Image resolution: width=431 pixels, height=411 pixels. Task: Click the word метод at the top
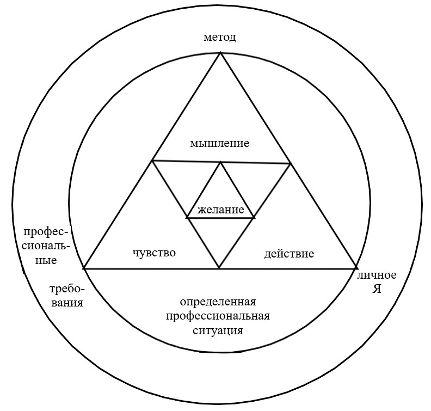pyautogui.click(x=220, y=38)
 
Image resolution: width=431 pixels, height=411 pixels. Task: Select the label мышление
pyautogui.click(x=219, y=144)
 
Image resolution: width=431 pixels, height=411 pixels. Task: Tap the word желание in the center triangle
pyautogui.click(x=220, y=210)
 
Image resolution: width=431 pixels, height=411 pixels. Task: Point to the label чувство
pyautogui.click(x=155, y=253)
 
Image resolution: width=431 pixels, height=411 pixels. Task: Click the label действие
pyautogui.click(x=289, y=254)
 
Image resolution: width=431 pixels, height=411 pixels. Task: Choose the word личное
pyautogui.click(x=377, y=275)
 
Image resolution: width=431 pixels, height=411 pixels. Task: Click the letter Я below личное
pyautogui.click(x=377, y=289)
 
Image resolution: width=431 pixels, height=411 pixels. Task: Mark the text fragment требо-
pyautogui.click(x=65, y=289)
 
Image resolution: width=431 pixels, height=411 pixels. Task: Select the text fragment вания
pyautogui.click(x=65, y=303)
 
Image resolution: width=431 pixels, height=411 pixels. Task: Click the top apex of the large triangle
pyautogui.click(x=220, y=53)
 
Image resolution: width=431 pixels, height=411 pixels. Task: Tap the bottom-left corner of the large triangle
pyautogui.click(x=84, y=268)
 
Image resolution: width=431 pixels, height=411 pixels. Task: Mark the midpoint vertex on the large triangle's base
pyautogui.click(x=219, y=268)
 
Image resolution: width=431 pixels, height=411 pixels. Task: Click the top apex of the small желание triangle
pyautogui.click(x=220, y=162)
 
